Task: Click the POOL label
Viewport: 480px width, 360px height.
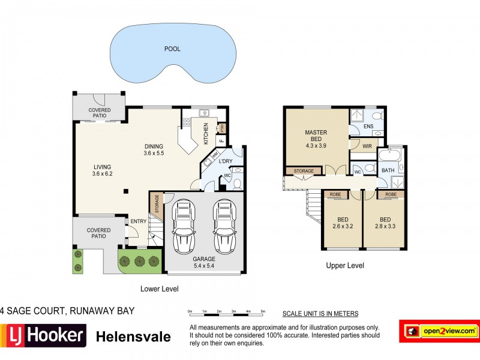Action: [172, 49]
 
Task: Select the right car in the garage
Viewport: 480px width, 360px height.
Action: [224, 226]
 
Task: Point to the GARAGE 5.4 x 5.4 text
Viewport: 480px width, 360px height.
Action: [204, 263]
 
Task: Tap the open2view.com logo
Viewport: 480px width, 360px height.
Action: [439, 331]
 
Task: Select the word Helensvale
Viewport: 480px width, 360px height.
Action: [133, 337]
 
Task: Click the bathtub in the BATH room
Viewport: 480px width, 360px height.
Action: [391, 157]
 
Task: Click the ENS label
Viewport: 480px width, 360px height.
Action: [368, 127]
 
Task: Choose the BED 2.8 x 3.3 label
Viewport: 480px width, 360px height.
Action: [385, 223]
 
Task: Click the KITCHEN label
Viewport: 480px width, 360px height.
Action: [206, 134]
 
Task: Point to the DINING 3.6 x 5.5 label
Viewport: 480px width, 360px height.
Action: [154, 149]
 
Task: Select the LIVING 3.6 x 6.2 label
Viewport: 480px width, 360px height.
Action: [102, 171]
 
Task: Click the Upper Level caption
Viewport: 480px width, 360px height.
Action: [345, 265]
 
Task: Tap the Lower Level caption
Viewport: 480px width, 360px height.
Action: [159, 289]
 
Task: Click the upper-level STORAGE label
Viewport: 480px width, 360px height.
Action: [304, 171]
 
